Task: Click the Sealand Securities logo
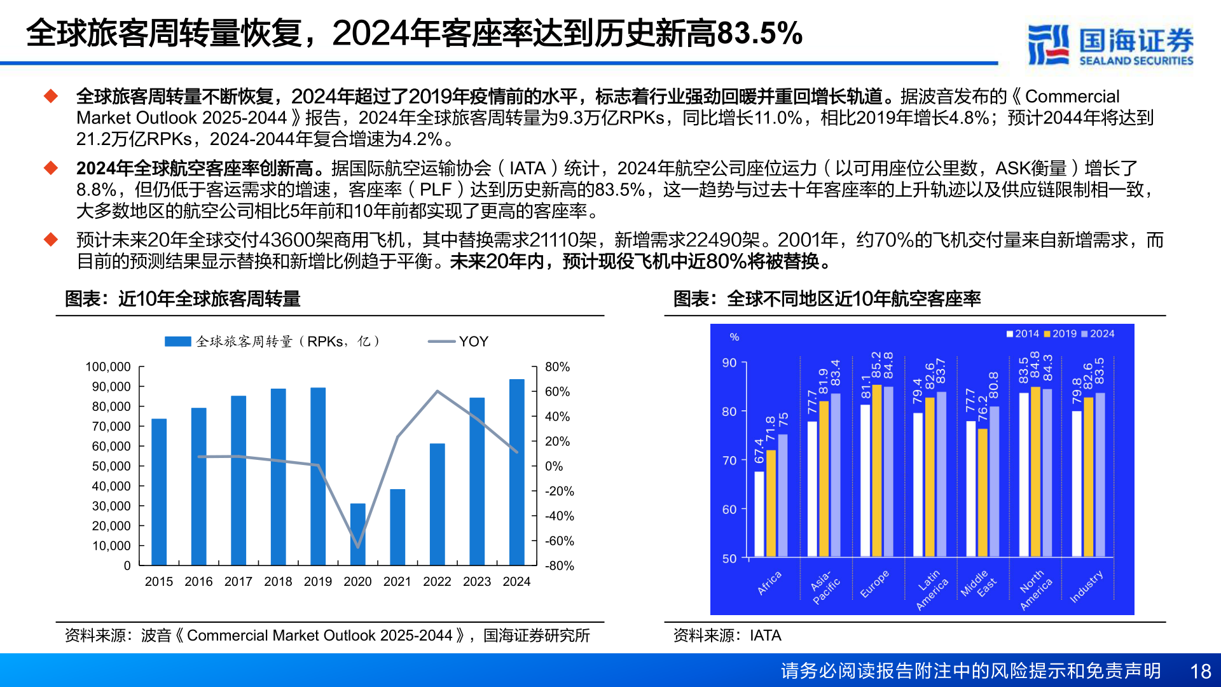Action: (1110, 45)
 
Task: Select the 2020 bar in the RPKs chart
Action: (358, 534)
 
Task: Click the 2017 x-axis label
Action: (238, 581)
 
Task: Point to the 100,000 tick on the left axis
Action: (108, 367)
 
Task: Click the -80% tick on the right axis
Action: (560, 566)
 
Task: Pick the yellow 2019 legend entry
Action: (1060, 334)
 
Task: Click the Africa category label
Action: (769, 583)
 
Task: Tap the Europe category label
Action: (874, 584)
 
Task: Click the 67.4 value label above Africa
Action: (759, 451)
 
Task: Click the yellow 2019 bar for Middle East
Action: (983, 493)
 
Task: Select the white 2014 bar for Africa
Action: (759, 514)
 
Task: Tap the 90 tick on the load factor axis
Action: (729, 363)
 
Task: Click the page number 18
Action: (1200, 672)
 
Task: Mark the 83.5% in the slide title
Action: (759, 33)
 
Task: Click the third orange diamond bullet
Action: (51, 240)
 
